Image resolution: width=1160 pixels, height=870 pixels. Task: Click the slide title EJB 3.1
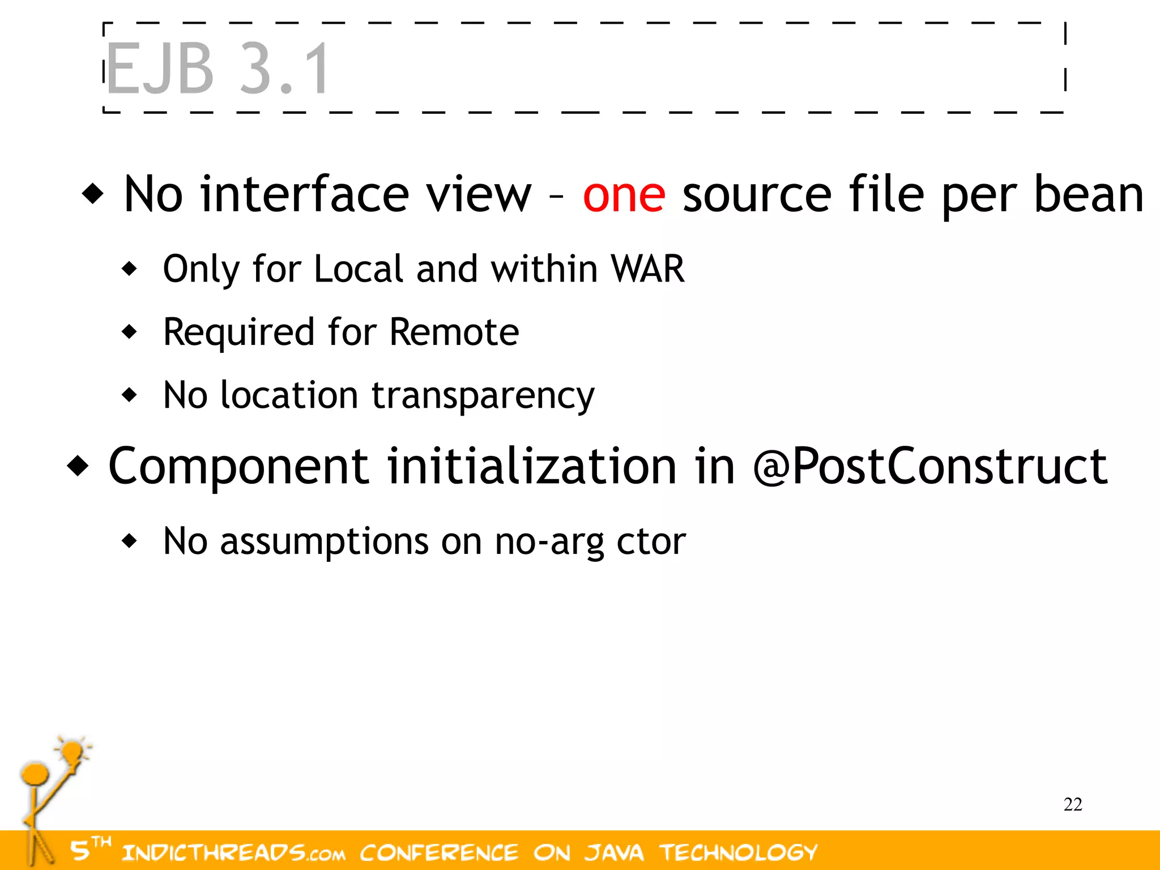pyautogui.click(x=217, y=69)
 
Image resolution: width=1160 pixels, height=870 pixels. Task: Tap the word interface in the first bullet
pyautogui.click(x=304, y=194)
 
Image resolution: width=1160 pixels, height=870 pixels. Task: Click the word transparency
pyautogui.click(x=483, y=396)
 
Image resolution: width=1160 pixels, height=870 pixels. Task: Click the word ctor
pyautogui.click(x=651, y=541)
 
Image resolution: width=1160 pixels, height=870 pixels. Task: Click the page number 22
pyautogui.click(x=1073, y=804)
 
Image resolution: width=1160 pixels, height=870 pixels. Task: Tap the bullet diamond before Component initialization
pyautogui.click(x=78, y=466)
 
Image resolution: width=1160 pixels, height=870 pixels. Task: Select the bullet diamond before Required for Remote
pyautogui.click(x=130, y=332)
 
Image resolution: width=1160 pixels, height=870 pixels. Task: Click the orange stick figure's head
pyautogui.click(x=35, y=774)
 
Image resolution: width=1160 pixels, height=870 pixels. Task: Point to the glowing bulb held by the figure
pyautogui.click(x=72, y=752)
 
